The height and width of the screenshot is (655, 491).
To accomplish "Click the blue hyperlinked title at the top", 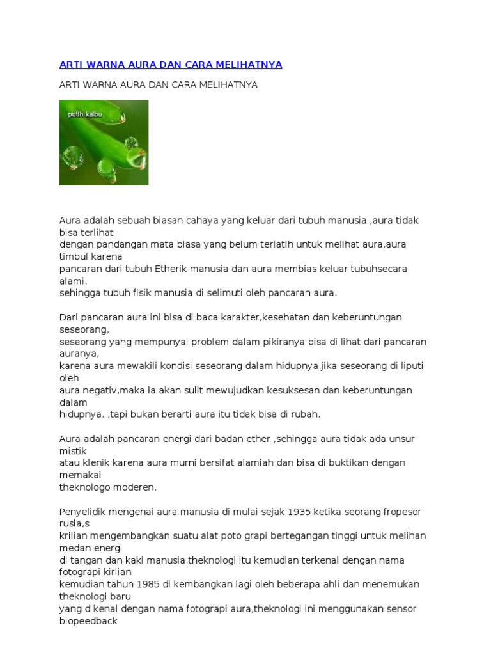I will click(x=171, y=65).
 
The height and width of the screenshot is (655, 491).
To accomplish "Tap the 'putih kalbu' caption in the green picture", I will click(x=85, y=114).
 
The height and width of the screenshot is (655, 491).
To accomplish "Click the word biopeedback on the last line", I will click(x=88, y=620).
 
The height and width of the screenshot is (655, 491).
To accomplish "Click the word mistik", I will click(x=72, y=450).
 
